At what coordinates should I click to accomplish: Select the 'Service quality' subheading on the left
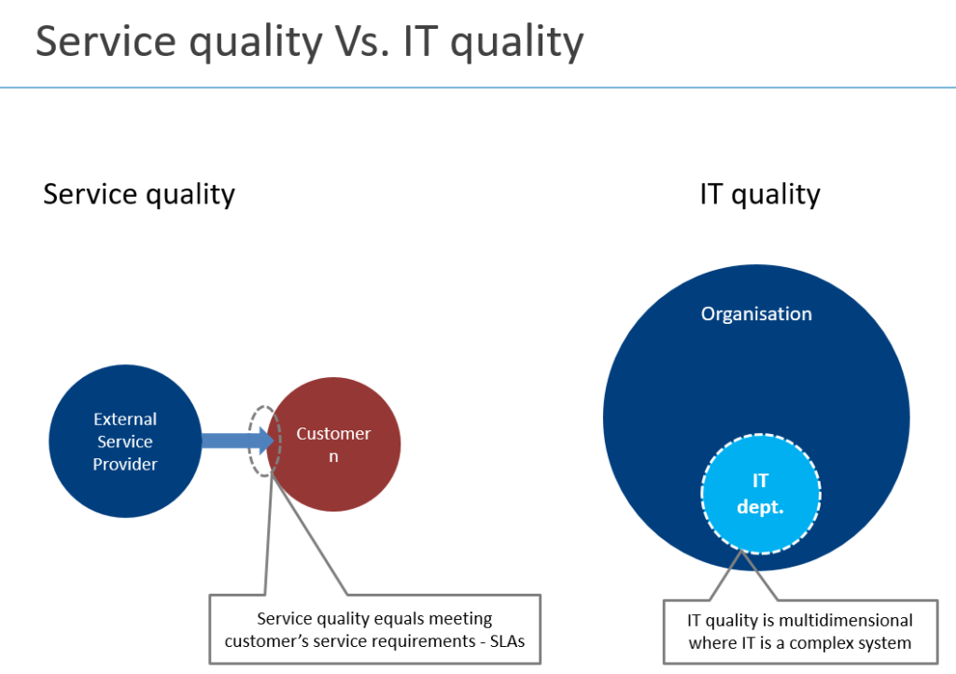(x=139, y=194)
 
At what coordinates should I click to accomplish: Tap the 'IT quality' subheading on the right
(x=760, y=194)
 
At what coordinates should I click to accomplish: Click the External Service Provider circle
(x=125, y=442)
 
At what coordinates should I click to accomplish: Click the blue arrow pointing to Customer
(x=237, y=441)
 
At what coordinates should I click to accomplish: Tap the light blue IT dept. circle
(x=760, y=494)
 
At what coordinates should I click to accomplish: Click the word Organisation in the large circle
(x=756, y=314)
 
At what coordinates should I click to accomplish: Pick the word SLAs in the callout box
(x=507, y=641)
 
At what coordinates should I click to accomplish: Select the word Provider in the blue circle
(x=125, y=464)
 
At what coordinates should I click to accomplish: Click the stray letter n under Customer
(x=333, y=457)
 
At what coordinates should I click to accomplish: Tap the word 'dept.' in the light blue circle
(x=760, y=507)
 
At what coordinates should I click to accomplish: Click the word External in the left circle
(x=125, y=419)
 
